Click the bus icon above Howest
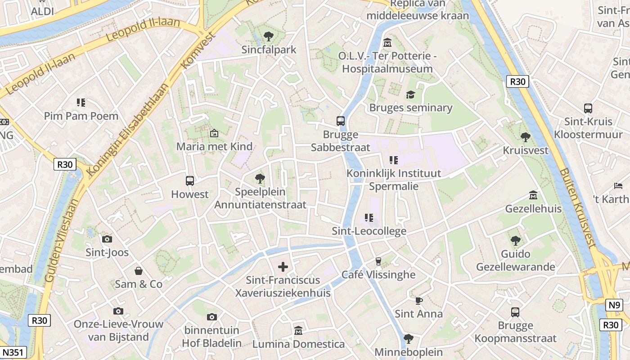coord(190,181)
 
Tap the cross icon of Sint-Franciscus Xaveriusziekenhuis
coord(283,267)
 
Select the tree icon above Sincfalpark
coord(269,36)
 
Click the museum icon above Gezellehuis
coord(533,195)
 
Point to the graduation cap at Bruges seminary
coord(410,94)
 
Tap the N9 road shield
coord(614,305)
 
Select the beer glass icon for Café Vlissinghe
coord(378,261)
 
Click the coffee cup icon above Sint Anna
coord(418,300)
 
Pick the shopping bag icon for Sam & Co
coord(139,270)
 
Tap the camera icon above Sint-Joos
coord(107,239)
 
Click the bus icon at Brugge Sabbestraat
coord(341,121)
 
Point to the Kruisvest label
coord(526,150)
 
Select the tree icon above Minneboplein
coord(408,338)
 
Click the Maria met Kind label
coord(214,146)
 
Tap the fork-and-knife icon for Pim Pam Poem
coord(81,103)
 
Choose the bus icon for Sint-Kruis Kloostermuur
coord(588,108)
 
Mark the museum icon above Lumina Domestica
coord(298,331)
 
